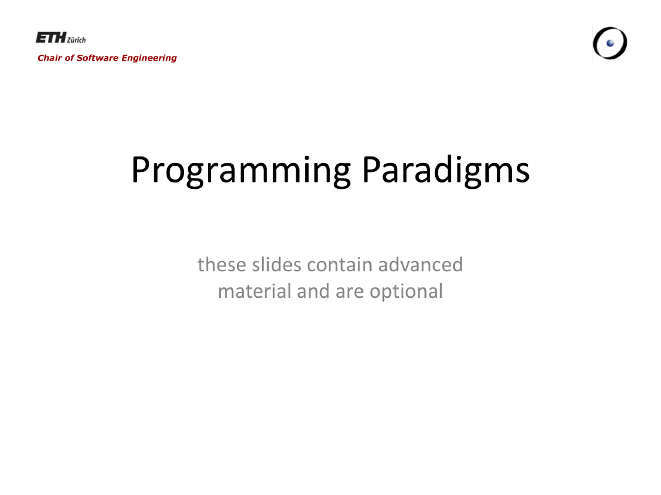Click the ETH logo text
coord(51,38)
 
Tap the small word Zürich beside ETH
coord(76,40)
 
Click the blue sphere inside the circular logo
coord(610,44)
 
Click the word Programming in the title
coord(241,170)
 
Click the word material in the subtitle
coord(254,291)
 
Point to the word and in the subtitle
coord(313,291)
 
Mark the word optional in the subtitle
coord(406,292)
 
